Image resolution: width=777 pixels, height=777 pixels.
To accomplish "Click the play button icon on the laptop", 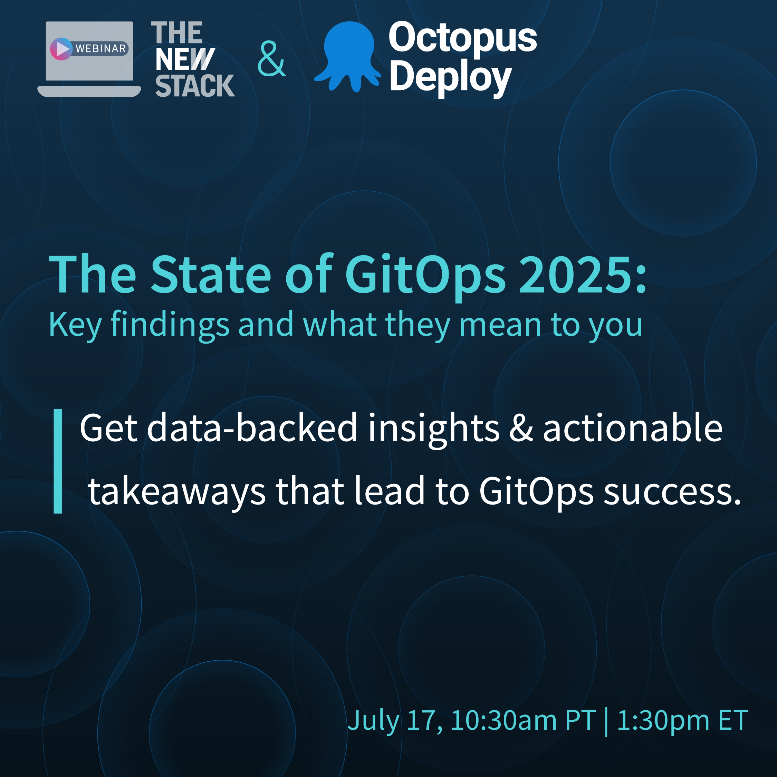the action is tap(61, 49).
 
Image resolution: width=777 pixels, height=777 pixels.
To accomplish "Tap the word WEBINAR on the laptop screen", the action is tap(101, 49).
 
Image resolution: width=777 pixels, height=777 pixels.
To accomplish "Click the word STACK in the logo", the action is tap(195, 86).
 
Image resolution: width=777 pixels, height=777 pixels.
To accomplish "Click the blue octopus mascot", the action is tap(347, 57).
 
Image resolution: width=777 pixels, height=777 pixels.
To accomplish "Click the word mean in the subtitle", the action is tap(500, 325).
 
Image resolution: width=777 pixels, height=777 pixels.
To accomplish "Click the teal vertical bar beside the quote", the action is tap(58, 461).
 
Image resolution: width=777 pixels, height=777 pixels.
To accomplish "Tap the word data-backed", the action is tap(252, 428).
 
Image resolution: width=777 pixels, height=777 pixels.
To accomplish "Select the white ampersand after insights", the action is tap(521, 428).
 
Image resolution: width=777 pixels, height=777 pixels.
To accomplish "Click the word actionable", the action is tap(633, 428).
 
